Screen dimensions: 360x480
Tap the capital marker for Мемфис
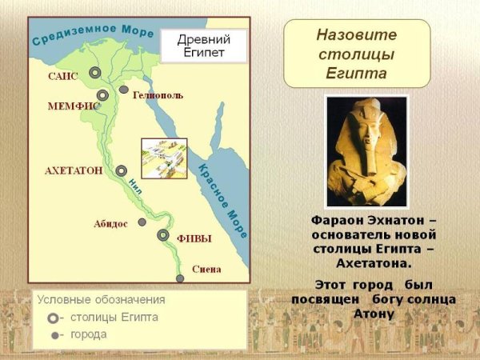click(102, 96)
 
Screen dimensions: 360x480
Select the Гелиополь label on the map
click(158, 95)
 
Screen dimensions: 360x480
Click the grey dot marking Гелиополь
click(124, 90)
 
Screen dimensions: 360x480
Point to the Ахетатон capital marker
click(121, 170)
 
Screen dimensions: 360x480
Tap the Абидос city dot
click(142, 222)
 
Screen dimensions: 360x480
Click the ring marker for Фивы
click(163, 235)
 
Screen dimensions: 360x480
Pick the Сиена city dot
click(181, 278)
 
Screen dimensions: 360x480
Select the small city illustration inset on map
click(164, 158)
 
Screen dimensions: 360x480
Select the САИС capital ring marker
click(95, 73)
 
